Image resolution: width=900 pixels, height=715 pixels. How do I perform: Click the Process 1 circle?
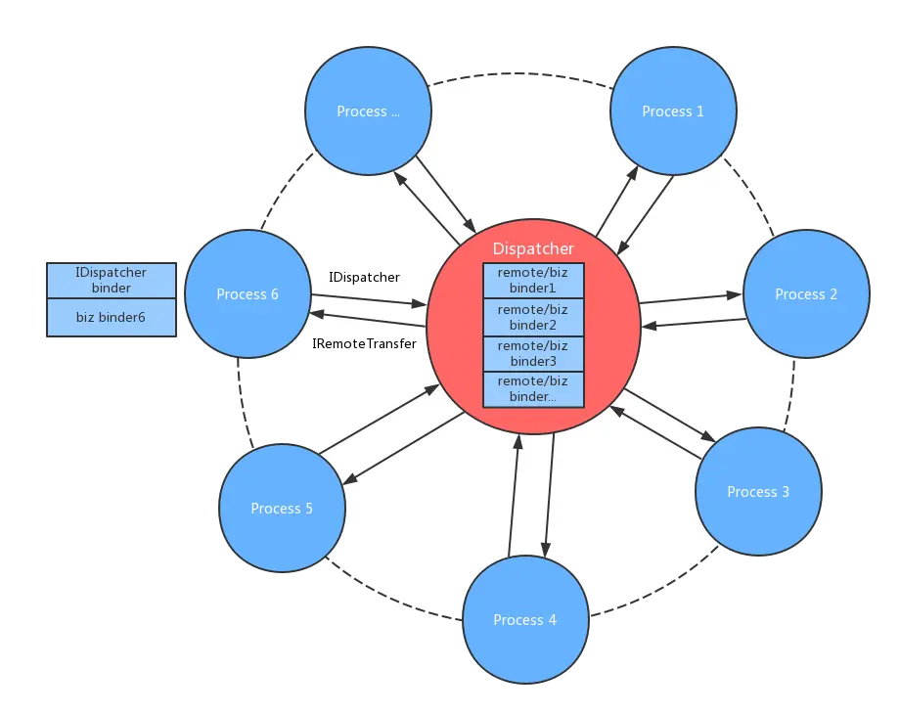[x=672, y=112]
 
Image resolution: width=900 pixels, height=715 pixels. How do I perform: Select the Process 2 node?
[x=805, y=293]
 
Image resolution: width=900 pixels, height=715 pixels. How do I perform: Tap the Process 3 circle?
[x=757, y=491]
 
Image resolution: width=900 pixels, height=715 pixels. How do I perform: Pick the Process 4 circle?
[x=524, y=619]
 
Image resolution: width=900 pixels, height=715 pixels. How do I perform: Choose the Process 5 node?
[x=282, y=508]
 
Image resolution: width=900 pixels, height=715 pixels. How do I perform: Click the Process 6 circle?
[x=247, y=293]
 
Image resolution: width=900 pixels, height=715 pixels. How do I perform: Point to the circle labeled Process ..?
[x=368, y=112]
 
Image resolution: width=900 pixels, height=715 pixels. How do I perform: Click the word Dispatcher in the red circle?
[x=533, y=249]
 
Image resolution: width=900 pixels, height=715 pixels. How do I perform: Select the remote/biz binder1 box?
[x=533, y=281]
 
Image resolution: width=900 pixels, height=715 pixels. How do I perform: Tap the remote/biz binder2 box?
[x=533, y=317]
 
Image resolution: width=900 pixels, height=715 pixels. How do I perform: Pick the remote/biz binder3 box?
[x=533, y=353]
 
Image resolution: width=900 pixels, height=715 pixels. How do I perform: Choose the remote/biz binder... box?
[x=533, y=389]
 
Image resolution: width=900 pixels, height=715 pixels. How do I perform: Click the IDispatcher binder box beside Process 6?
[x=112, y=281]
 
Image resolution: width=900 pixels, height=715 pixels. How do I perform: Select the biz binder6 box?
[x=112, y=317]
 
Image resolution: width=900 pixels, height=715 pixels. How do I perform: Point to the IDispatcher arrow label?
[x=364, y=277]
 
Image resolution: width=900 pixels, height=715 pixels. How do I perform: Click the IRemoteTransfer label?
[x=364, y=343]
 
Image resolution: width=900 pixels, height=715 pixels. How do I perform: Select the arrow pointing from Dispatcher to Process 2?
[x=690, y=297]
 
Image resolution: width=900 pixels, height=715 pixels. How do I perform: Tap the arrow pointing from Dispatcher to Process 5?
[x=401, y=449]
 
